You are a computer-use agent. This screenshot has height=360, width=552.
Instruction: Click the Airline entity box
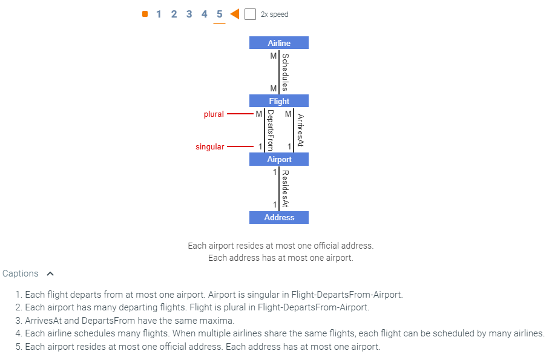click(279, 43)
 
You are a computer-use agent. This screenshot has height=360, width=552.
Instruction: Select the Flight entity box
click(279, 101)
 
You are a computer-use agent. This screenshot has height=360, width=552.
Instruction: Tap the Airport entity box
click(279, 159)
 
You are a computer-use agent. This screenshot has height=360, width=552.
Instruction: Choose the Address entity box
click(279, 217)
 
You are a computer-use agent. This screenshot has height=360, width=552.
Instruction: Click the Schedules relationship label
click(286, 71)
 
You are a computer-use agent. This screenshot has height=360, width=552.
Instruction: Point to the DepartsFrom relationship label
click(270, 130)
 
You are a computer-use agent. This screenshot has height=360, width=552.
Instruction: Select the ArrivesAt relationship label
click(300, 130)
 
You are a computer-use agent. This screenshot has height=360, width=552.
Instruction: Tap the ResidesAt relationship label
click(286, 188)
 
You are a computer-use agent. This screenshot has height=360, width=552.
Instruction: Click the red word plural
click(214, 114)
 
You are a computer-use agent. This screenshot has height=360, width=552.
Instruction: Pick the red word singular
click(209, 146)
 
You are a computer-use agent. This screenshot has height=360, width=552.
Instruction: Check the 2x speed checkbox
click(250, 14)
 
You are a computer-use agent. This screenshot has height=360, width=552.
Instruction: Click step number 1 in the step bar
click(159, 14)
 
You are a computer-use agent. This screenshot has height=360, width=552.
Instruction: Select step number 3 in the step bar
click(189, 14)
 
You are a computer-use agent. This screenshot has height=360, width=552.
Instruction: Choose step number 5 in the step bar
click(219, 14)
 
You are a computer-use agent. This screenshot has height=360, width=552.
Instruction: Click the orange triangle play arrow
click(235, 14)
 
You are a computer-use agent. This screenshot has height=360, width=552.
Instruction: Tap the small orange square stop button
click(145, 14)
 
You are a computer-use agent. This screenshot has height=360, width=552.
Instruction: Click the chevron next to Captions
click(50, 273)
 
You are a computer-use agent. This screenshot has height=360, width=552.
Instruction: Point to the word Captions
click(20, 273)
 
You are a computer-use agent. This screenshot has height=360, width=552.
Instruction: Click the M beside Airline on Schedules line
click(274, 56)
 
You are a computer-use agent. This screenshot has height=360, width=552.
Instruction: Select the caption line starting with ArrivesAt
click(130, 321)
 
